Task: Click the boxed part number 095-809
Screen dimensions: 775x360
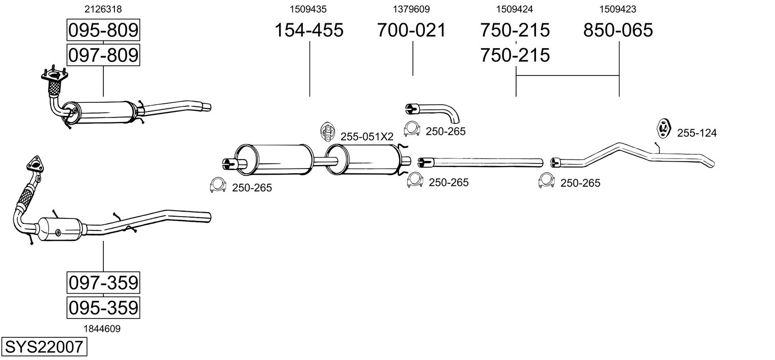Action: tap(103, 30)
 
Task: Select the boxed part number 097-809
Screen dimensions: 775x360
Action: tap(103, 55)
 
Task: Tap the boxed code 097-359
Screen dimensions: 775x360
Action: tap(103, 283)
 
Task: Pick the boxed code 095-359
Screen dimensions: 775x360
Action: tap(103, 307)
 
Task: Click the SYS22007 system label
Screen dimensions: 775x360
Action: tap(44, 347)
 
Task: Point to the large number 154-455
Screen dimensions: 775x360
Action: tap(308, 30)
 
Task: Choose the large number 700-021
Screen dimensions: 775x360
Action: tap(411, 30)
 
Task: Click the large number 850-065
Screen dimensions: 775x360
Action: tap(618, 30)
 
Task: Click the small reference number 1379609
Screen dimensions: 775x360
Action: tap(411, 9)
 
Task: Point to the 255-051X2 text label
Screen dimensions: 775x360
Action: tap(367, 137)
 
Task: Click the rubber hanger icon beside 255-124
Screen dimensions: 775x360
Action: tap(664, 129)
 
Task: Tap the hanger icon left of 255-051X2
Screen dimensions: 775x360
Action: tap(328, 132)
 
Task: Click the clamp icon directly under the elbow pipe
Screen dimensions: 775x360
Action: tap(413, 130)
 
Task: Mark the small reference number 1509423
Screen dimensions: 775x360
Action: tap(618, 9)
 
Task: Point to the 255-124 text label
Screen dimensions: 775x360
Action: tap(696, 133)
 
